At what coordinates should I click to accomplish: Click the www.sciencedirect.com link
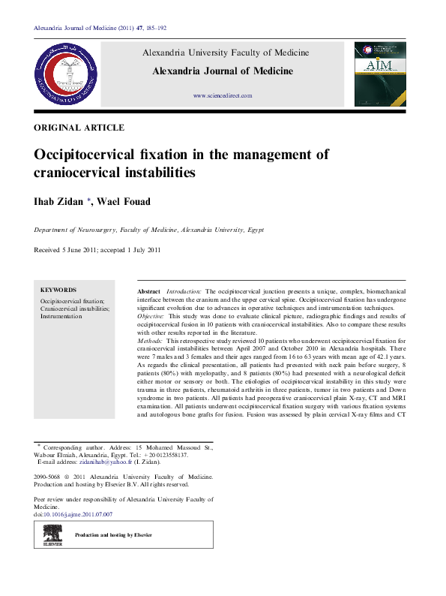[x=223, y=96]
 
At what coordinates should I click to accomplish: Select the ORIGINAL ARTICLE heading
[x=79, y=128]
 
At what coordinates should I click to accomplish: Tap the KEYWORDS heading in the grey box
[x=58, y=290]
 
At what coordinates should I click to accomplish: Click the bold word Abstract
[x=149, y=290]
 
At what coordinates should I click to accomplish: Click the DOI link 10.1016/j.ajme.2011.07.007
[x=79, y=514]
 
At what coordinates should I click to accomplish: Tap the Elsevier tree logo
[x=52, y=534]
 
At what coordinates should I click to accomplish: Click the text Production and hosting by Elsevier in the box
[x=113, y=534]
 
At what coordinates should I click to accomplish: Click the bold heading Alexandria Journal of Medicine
[x=223, y=72]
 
